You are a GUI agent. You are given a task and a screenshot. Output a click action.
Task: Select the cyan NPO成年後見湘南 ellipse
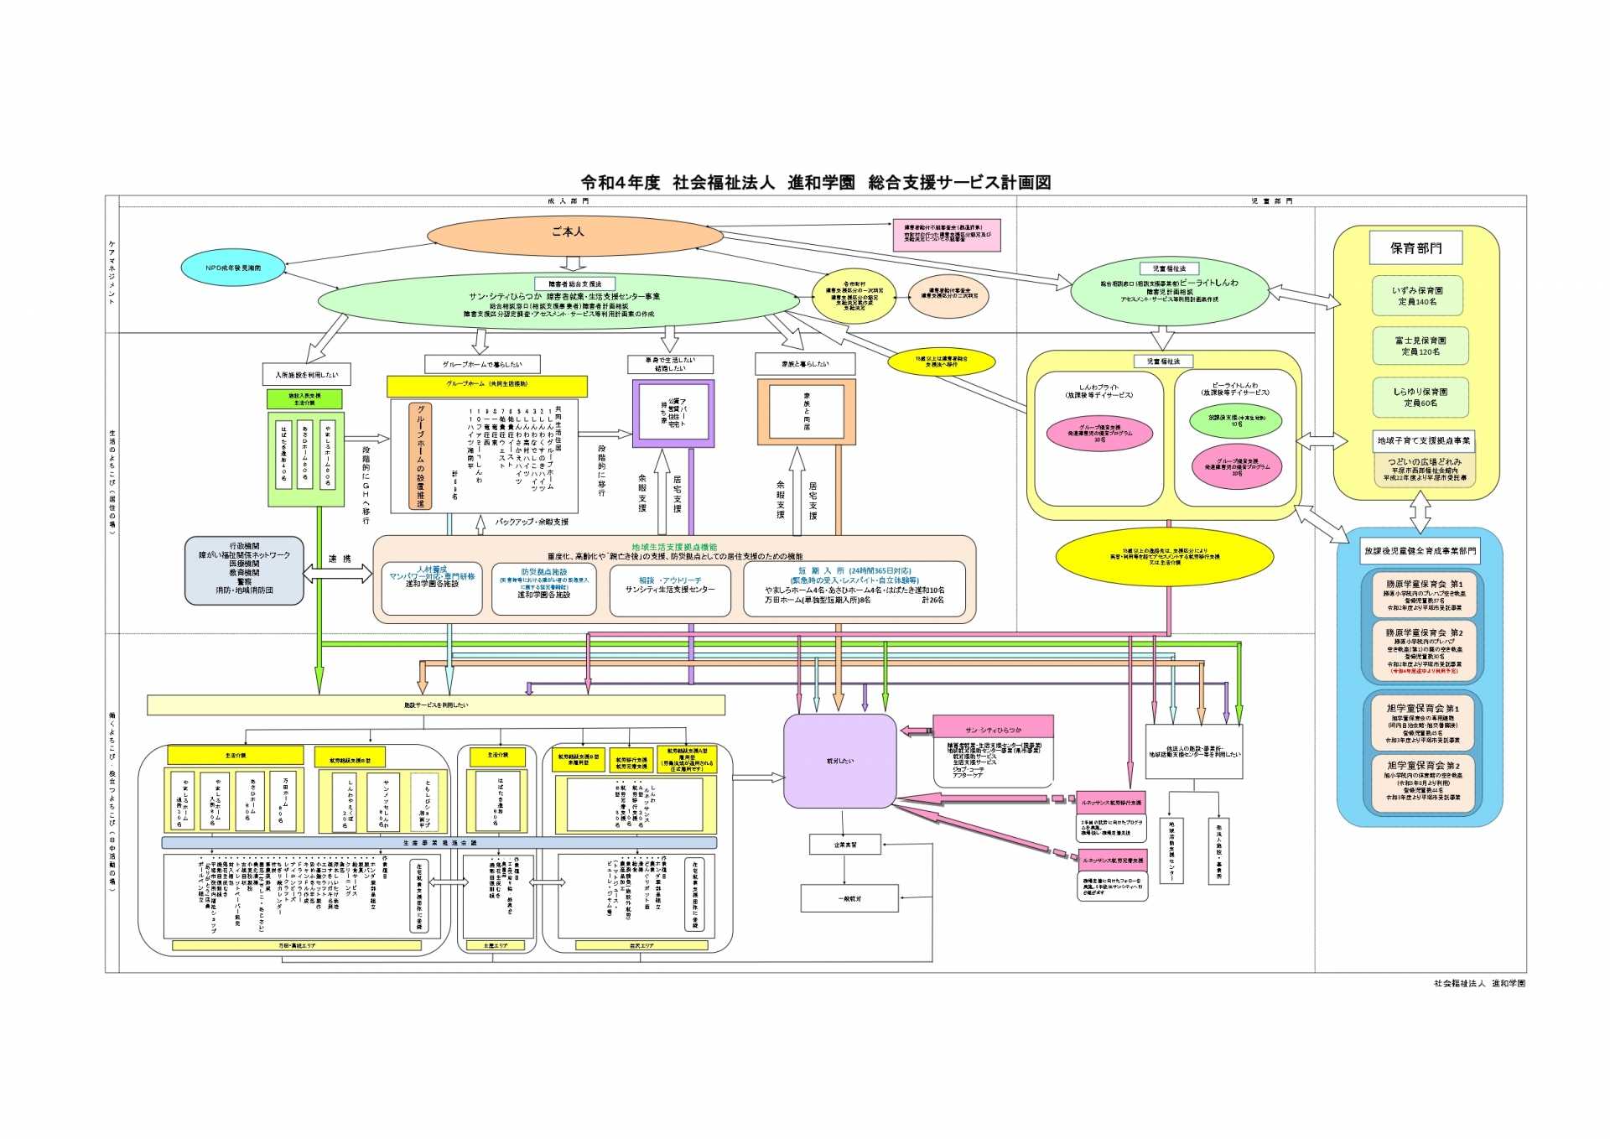[233, 268]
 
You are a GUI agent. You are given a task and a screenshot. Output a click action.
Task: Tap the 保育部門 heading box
[1415, 248]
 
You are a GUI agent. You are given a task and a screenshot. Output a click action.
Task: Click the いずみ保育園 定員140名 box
[1417, 296]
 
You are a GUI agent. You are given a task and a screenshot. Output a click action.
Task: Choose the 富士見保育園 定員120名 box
[1420, 346]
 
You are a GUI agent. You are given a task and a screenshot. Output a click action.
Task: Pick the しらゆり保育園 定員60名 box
[1420, 398]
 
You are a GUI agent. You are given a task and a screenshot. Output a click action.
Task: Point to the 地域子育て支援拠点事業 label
[1423, 440]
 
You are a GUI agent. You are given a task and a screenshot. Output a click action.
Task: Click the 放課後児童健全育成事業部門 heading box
[1420, 551]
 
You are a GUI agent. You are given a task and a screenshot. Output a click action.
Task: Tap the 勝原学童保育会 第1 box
[1422, 595]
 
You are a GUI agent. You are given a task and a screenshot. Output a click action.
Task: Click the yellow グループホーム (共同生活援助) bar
[486, 385]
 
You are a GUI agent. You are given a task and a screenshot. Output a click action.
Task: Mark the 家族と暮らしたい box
[805, 364]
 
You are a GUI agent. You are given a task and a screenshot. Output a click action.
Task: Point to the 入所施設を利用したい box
[306, 375]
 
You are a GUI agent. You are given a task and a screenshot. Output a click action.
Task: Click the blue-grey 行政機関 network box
[244, 570]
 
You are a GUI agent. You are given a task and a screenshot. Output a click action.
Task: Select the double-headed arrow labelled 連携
[338, 574]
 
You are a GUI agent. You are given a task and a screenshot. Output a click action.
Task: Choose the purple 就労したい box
[839, 761]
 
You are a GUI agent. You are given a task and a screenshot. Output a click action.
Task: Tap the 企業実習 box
[845, 845]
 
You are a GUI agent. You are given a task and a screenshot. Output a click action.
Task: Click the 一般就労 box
[849, 898]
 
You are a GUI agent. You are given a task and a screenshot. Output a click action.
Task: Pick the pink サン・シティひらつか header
[993, 730]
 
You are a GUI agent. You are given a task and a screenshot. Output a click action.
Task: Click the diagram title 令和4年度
[621, 182]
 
